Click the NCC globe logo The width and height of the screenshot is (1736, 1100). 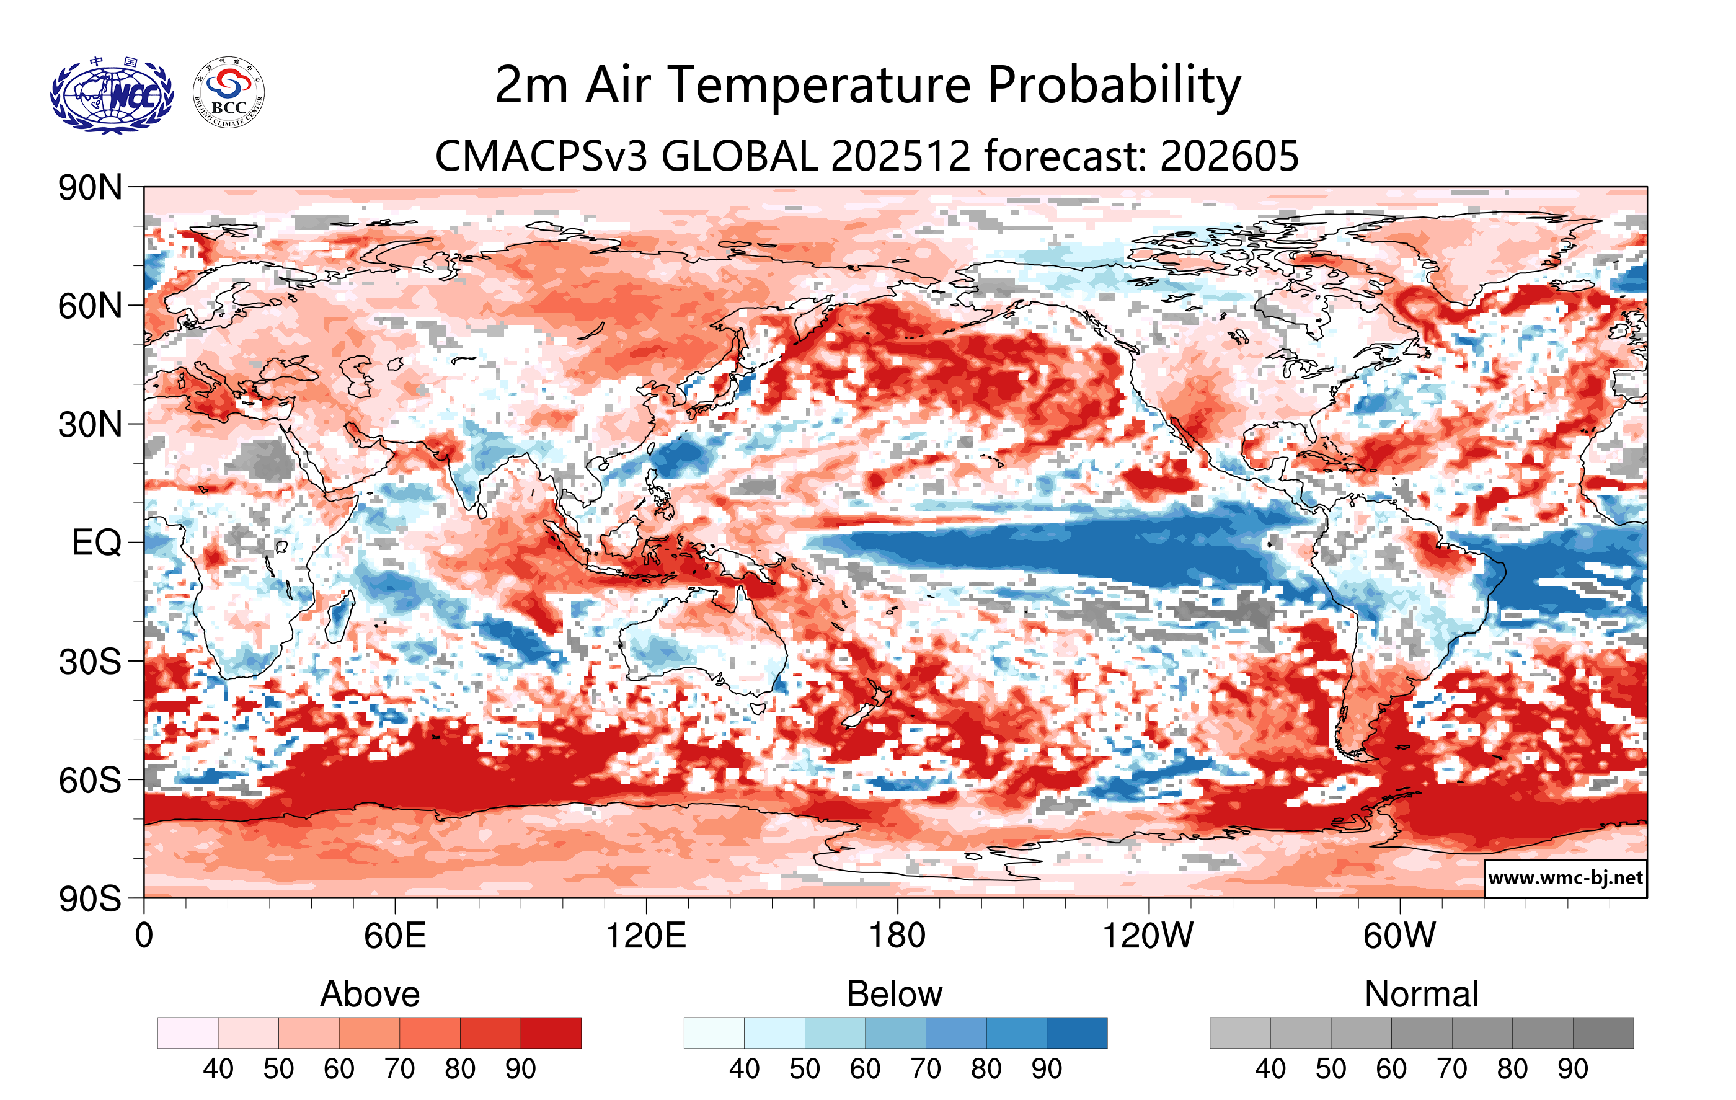coord(112,96)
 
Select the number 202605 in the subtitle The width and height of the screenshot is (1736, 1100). coord(1229,156)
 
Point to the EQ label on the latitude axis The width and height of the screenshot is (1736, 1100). coord(96,543)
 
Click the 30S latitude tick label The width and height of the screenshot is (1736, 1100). coord(90,662)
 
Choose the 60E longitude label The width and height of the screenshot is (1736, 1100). coord(394,936)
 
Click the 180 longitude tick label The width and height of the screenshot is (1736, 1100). coord(897,936)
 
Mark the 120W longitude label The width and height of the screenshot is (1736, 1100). coord(1148,936)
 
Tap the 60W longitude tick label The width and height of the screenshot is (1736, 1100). coord(1399,936)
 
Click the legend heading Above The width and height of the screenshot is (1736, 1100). coord(370,994)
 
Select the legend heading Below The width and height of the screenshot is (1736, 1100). coord(894,994)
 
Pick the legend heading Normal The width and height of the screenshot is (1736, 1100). coord(1421,994)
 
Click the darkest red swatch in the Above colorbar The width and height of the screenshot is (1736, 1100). coord(551,1032)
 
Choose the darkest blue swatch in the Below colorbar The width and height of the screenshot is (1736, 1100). coord(1076,1032)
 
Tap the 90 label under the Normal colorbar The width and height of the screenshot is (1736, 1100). coord(1572,1069)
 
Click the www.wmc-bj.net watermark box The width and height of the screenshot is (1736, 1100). coord(1565,878)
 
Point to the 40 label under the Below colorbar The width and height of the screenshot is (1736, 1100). coord(744,1069)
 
